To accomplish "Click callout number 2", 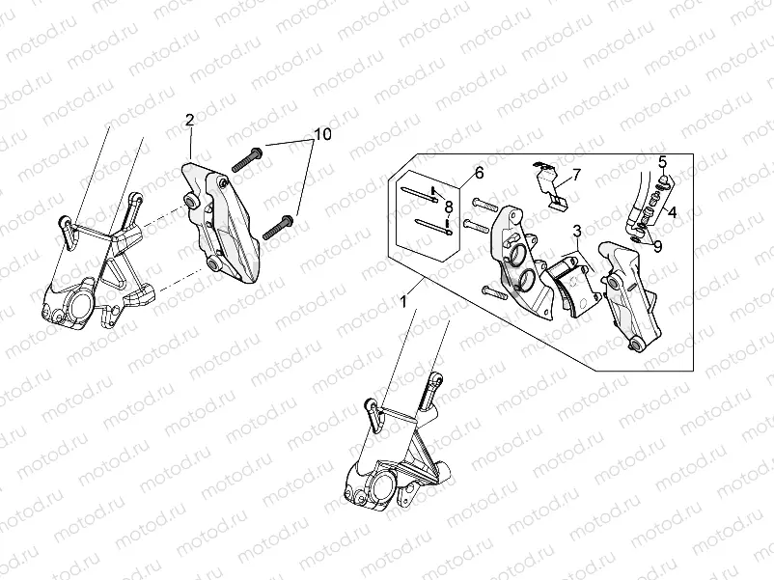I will [189, 120].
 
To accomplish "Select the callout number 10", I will [321, 134].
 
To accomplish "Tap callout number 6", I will [478, 174].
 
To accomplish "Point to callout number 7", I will [576, 175].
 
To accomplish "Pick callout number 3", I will [575, 232].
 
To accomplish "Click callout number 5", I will [663, 160].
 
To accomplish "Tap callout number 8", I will [449, 205].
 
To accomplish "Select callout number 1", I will [403, 303].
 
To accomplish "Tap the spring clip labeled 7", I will [550, 186].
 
